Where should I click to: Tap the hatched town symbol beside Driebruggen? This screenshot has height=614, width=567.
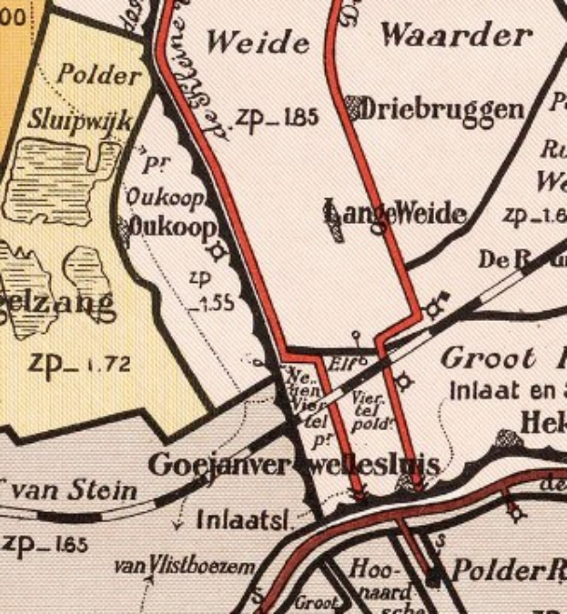point(355,108)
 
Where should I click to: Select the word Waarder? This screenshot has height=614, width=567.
point(456,35)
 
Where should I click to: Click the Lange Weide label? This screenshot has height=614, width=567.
point(396,215)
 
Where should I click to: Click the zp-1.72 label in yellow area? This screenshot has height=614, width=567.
point(80,365)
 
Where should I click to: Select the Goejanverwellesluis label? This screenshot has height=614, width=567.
point(294,466)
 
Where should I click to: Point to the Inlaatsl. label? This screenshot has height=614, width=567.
point(243,520)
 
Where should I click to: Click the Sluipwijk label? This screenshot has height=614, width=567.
point(81,119)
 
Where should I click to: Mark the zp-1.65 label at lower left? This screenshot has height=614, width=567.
point(45,545)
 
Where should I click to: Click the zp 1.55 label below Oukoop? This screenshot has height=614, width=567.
point(209,290)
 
